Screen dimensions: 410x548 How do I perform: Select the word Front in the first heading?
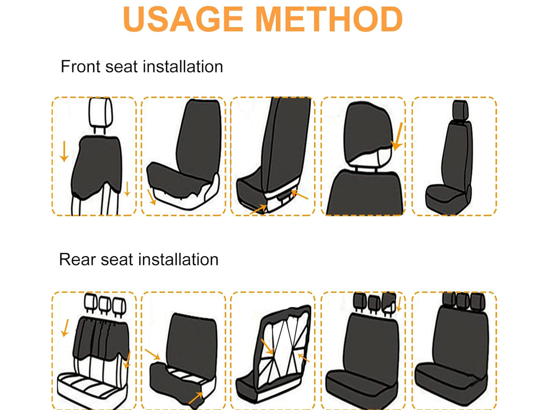81,67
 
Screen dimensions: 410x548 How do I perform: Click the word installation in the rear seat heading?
177,259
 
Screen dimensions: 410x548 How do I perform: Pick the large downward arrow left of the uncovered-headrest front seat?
64,151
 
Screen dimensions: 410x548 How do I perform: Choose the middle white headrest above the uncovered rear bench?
104,303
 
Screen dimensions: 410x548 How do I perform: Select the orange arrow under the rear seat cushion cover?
196,396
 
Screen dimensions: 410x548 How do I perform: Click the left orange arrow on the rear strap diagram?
267,346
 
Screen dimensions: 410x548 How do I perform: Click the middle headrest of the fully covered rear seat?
463,301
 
